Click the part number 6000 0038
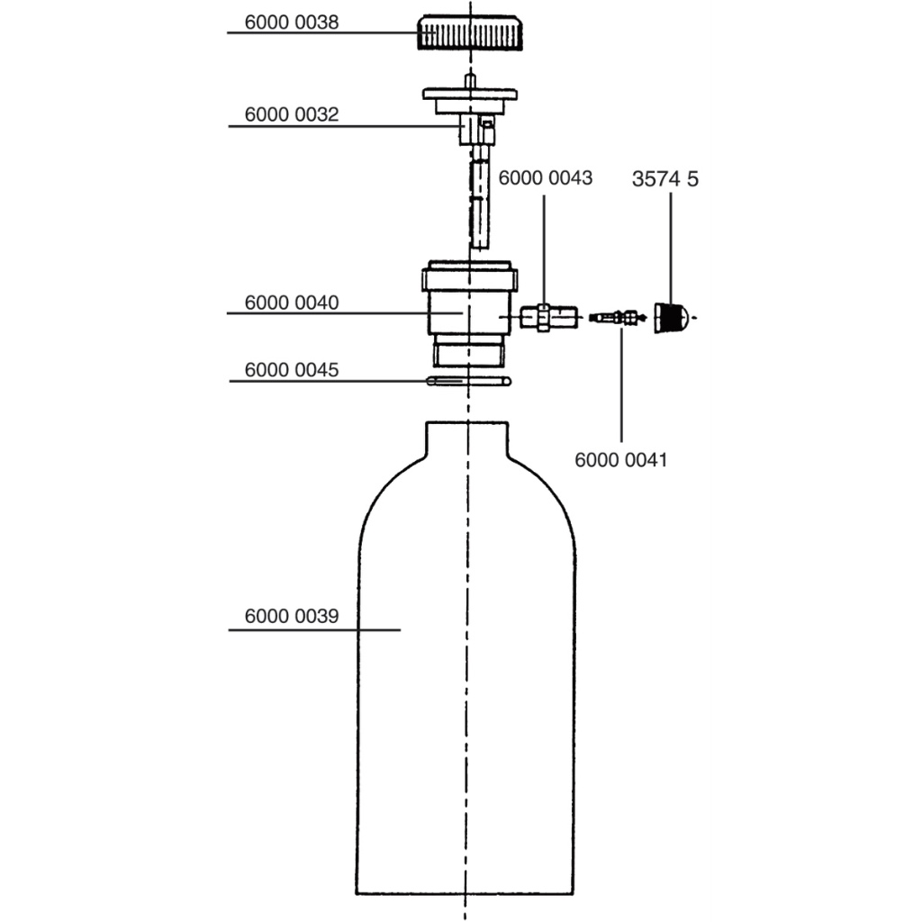pos(292,23)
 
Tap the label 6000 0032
pos(292,114)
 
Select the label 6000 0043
pos(545,177)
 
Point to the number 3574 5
pos(665,179)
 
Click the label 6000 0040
pos(292,303)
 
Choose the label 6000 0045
pos(292,370)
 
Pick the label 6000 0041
pos(621,460)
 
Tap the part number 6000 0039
pos(292,616)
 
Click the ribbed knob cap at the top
pos(470,33)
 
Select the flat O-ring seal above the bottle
pos(468,382)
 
